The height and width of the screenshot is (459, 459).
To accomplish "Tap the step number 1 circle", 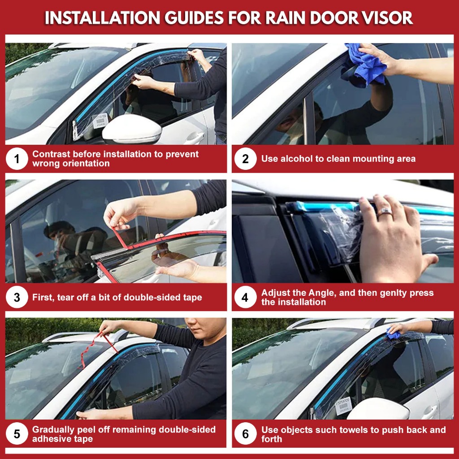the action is tap(17, 159).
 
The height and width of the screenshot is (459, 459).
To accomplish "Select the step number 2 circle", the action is tap(245, 159).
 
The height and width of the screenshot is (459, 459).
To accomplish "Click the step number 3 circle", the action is tap(17, 297).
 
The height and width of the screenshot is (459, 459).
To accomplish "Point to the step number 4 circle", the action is tap(245, 297).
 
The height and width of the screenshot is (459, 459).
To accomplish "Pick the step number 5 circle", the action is tap(17, 434).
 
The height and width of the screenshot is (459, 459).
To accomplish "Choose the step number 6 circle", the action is tap(245, 434).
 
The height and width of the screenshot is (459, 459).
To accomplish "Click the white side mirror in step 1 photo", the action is tap(132, 129).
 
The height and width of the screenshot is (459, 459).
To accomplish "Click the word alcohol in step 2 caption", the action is tap(297, 159).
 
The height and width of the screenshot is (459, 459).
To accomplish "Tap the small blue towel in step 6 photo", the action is tap(394, 334).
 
